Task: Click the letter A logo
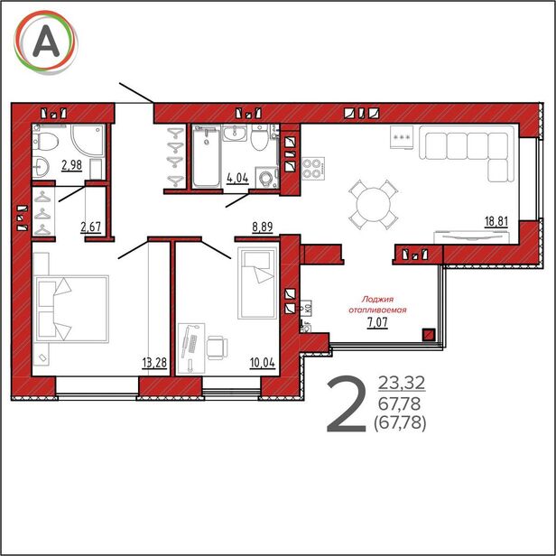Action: tap(46, 42)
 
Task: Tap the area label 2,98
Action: tap(71, 165)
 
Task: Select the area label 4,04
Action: tap(237, 178)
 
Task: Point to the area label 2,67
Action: tap(91, 227)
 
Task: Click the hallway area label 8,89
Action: tap(263, 227)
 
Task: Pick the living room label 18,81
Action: tap(496, 222)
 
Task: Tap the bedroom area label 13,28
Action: tap(154, 363)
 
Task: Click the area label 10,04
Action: tap(263, 363)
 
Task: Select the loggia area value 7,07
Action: tap(377, 323)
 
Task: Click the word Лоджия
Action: tap(377, 300)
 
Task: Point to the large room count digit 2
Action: tap(346, 405)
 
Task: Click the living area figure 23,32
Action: tap(402, 383)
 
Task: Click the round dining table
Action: tap(374, 205)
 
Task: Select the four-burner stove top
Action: tap(313, 169)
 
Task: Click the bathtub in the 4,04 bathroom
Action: tap(206, 155)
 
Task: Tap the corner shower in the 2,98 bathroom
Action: tap(88, 139)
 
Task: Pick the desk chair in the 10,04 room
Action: tap(217, 347)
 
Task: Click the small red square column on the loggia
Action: tap(429, 334)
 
